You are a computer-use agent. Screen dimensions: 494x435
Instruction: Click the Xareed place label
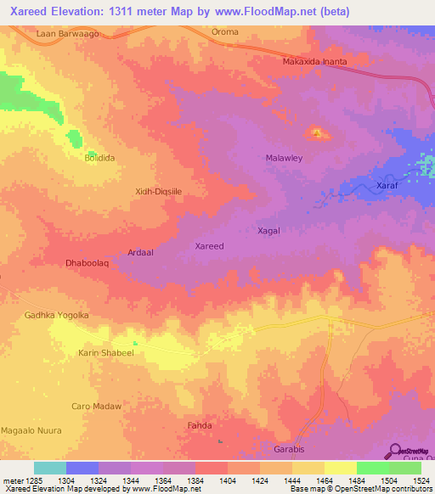coord(209,246)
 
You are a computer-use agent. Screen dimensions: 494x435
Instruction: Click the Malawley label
coord(285,159)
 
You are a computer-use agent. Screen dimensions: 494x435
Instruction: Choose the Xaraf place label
coord(387,185)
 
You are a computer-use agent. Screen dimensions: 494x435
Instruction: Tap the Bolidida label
coord(99,158)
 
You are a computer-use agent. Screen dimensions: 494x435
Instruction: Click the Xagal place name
coord(268,230)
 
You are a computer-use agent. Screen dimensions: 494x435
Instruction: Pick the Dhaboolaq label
coord(88,264)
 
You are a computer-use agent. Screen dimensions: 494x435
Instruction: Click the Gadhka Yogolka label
coord(57,316)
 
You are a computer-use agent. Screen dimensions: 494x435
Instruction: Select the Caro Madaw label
coord(96,407)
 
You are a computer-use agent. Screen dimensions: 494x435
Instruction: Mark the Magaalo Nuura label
coord(31,430)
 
